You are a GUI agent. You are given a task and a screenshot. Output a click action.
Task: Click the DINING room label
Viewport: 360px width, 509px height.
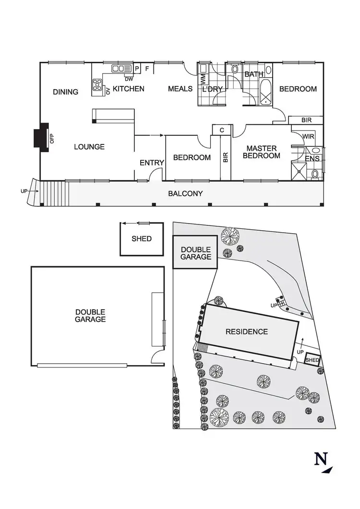pos(66,92)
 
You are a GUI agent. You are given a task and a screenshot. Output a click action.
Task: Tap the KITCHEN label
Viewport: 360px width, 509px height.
pos(129,89)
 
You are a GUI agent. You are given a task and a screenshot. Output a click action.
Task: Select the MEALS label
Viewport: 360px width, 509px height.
pos(180,89)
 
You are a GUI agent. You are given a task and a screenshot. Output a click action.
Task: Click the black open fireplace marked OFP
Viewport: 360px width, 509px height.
pos(42,136)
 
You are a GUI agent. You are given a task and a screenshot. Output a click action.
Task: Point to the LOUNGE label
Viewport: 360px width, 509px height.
pos(89,147)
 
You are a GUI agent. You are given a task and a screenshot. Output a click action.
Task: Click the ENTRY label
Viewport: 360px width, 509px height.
pos(152,163)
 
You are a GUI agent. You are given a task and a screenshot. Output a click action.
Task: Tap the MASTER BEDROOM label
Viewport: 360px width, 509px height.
pos(261,152)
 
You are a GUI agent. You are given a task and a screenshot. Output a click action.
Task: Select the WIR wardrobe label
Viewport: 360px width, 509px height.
pos(308,137)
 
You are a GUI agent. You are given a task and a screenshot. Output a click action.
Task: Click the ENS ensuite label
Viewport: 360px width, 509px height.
pos(312,158)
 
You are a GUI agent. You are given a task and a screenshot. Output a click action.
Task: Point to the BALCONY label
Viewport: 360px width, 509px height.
pos(185,194)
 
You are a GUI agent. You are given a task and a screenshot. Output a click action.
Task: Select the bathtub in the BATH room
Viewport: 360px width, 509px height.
pos(265,94)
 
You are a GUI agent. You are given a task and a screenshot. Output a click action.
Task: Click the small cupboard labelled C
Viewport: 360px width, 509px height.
pos(222,130)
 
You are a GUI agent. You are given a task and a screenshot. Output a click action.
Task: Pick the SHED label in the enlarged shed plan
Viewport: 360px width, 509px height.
pos(142,238)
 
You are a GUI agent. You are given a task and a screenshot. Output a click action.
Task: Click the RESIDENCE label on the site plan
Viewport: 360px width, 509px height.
pos(247,331)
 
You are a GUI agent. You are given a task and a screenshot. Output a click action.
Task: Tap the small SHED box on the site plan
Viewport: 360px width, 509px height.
pos(312,360)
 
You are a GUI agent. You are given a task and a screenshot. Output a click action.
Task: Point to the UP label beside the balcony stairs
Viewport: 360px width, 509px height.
pos(24,191)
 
